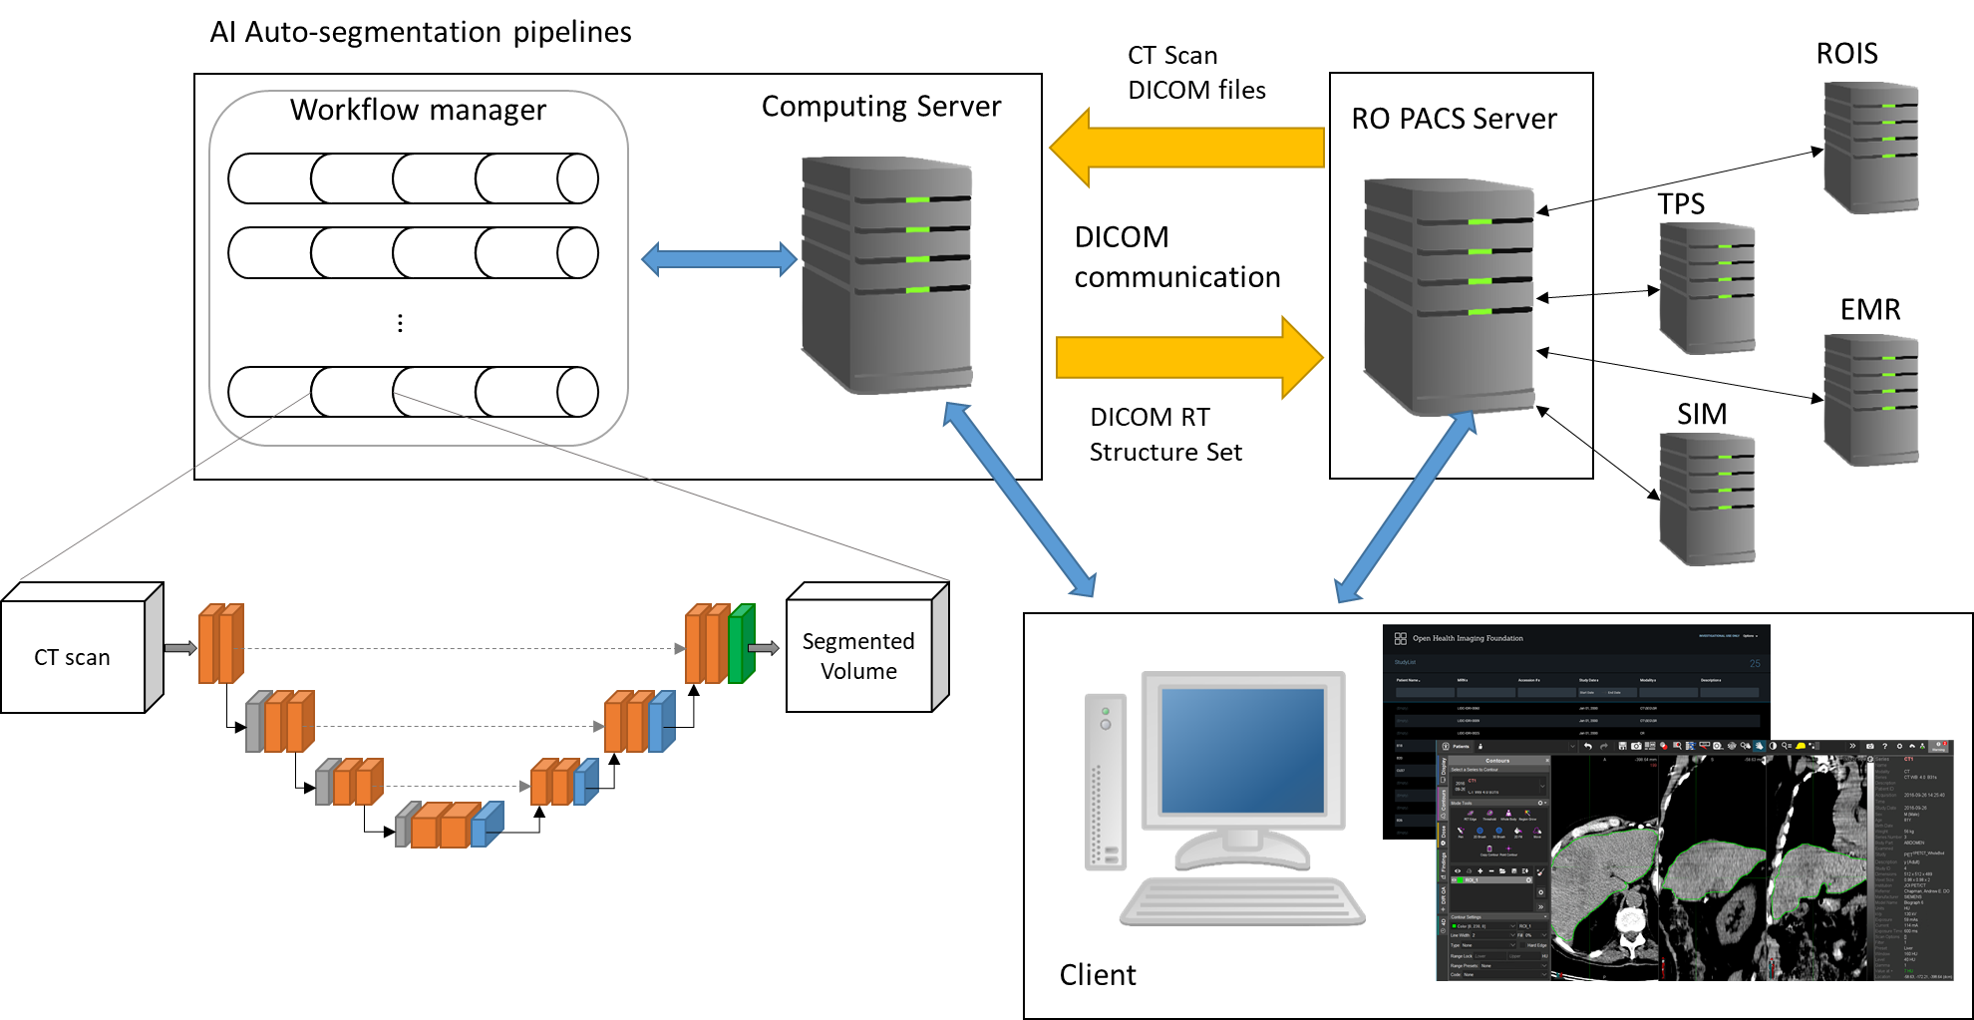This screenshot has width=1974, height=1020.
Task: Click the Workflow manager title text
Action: [418, 110]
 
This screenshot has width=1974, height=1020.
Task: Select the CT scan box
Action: [73, 657]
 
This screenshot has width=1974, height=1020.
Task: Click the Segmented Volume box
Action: [858, 655]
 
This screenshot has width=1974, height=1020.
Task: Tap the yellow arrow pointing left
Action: [1186, 148]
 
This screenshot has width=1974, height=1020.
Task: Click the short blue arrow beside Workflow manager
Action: [719, 259]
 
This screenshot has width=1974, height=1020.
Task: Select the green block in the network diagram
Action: [741, 644]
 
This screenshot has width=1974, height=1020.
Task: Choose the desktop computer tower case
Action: [1106, 782]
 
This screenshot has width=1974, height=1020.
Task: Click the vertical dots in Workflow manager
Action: [400, 323]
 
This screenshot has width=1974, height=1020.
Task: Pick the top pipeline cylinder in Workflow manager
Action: [413, 179]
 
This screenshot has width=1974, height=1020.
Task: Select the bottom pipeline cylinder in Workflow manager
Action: [413, 392]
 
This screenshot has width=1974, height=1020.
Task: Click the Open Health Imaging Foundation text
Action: [1468, 638]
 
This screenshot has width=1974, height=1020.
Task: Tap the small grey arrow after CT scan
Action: [180, 649]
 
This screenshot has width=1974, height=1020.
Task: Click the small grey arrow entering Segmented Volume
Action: [764, 649]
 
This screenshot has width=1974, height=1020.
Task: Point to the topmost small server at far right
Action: [1871, 147]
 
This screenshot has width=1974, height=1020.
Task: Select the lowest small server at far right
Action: [1707, 499]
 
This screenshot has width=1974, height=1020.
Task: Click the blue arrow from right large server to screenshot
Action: [1405, 509]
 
